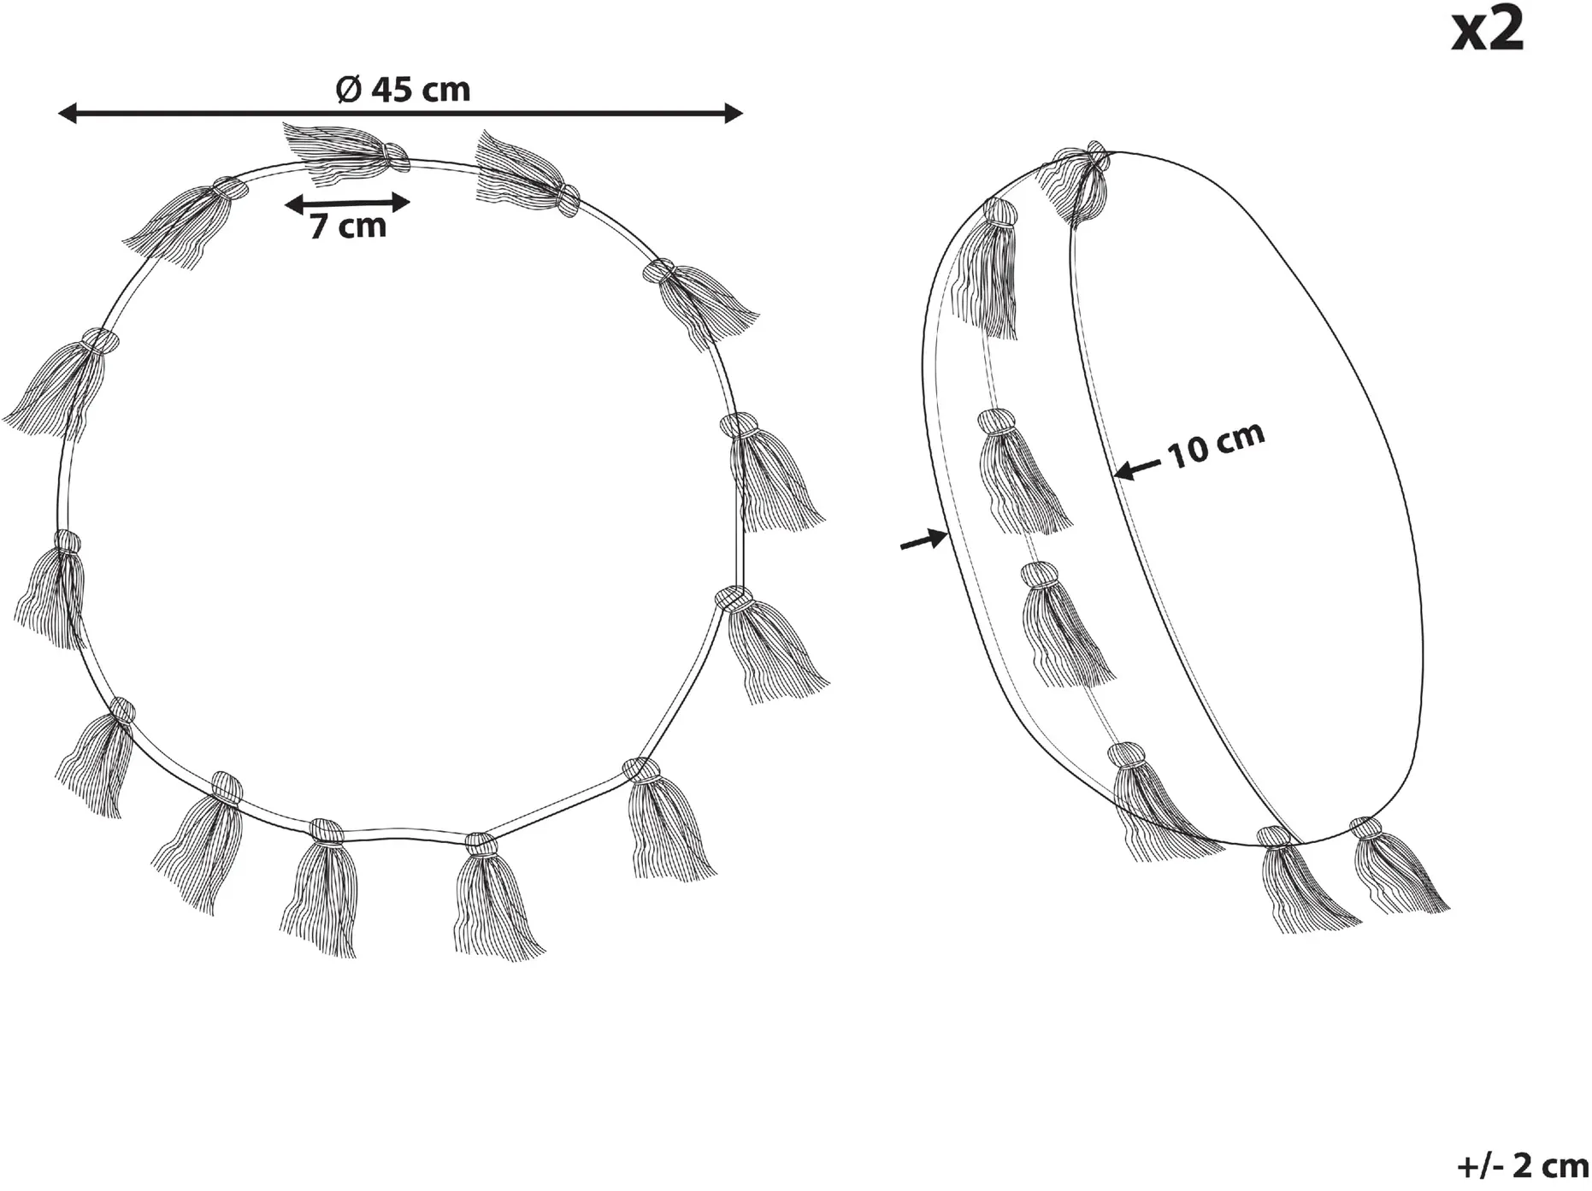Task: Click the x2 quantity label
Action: [x=1488, y=32]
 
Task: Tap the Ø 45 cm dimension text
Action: [x=403, y=89]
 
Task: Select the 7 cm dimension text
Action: [x=348, y=226]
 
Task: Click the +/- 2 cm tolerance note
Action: [x=1521, y=1164]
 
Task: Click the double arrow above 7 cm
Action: [x=347, y=203]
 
